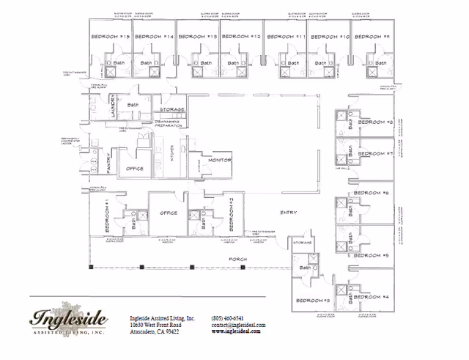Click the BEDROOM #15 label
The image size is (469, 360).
point(110,37)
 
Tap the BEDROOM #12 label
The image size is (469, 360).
point(241,37)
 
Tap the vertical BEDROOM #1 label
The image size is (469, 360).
point(108,213)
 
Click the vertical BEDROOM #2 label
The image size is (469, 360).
point(231,213)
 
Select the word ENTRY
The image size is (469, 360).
point(288,213)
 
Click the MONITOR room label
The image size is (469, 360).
point(220,160)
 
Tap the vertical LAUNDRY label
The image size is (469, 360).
point(114,110)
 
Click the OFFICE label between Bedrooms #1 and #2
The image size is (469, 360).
point(169,213)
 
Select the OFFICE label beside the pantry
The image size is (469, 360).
point(135,169)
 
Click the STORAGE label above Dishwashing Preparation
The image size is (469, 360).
point(172,109)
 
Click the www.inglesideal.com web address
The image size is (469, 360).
point(237,331)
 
